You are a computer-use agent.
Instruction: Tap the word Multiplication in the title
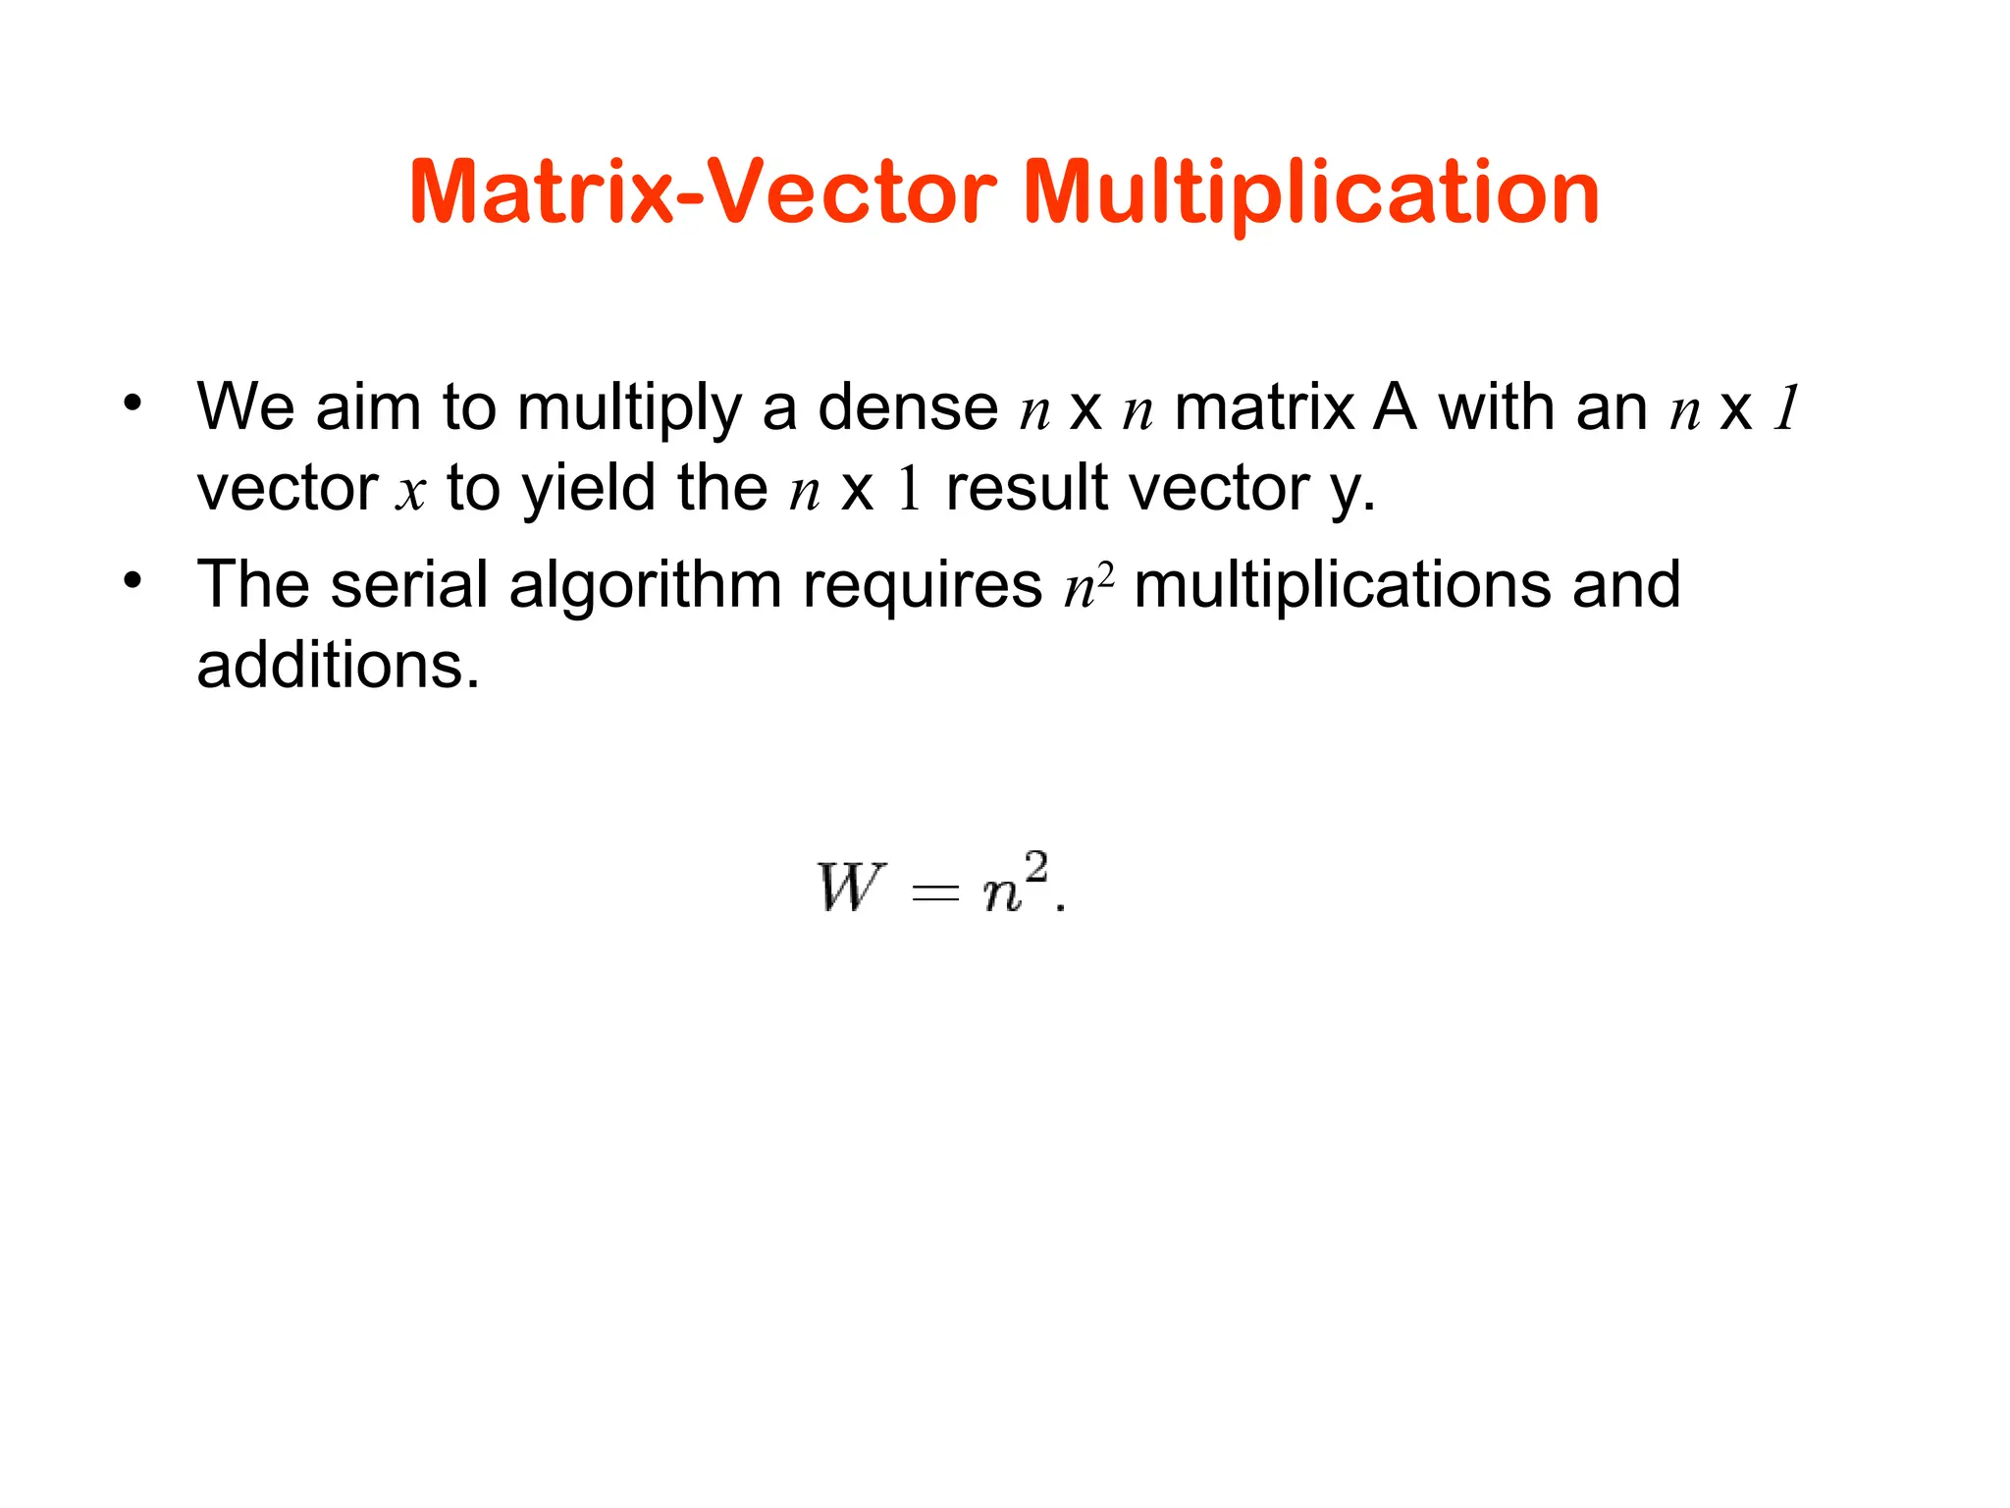(x=1311, y=193)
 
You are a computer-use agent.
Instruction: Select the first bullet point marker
(x=132, y=403)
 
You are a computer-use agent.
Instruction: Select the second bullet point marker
(x=132, y=580)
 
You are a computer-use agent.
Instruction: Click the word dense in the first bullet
(x=908, y=407)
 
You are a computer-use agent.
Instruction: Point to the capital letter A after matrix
(x=1395, y=407)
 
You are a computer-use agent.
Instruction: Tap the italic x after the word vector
(x=410, y=490)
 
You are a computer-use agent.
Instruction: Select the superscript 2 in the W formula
(x=1035, y=869)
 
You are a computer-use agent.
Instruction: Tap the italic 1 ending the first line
(x=1787, y=407)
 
